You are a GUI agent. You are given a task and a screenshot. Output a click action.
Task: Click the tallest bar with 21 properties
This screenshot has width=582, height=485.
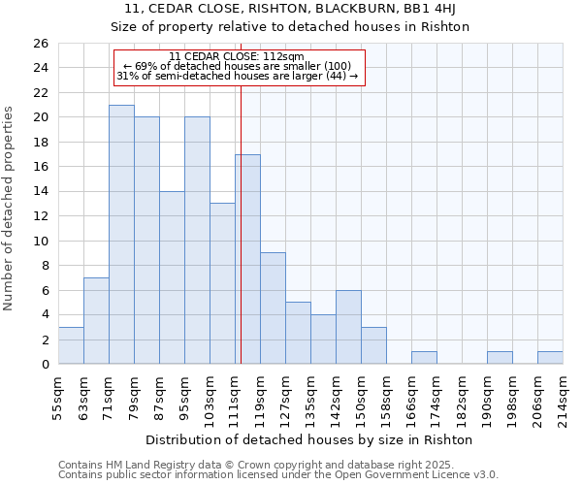(x=121, y=235)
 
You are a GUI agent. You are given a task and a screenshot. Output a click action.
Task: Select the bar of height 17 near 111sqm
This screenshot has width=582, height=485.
(x=247, y=259)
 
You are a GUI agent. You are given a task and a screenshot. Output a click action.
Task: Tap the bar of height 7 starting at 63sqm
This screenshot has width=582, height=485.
(x=96, y=321)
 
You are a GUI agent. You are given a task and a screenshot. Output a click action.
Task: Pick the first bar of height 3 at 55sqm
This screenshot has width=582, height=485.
(x=71, y=345)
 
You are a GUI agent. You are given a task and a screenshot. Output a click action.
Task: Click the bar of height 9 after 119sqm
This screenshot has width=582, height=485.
(x=273, y=308)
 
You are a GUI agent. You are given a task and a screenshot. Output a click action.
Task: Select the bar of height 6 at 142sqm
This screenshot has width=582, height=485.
(x=348, y=327)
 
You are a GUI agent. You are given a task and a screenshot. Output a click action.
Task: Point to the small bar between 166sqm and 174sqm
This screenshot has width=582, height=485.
(x=424, y=358)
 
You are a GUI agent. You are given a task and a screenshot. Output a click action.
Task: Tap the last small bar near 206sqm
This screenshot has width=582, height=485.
(x=550, y=358)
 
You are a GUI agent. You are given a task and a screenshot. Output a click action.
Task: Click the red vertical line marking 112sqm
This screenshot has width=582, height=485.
(x=241, y=242)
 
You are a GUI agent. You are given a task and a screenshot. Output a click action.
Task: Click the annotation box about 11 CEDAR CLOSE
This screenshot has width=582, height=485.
(x=239, y=67)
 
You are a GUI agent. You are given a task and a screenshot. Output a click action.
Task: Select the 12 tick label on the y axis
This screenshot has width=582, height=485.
(x=40, y=216)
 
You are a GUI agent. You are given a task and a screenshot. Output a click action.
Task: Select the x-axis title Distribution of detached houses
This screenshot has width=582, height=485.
(x=309, y=439)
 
